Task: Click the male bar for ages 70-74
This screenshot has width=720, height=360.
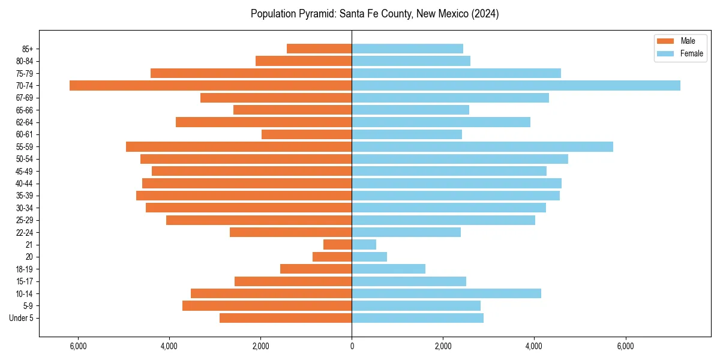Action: [211, 86]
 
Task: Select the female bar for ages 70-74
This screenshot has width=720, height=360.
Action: [516, 86]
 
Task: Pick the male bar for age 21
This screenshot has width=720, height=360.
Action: [338, 245]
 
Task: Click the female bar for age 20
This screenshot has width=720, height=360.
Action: [370, 257]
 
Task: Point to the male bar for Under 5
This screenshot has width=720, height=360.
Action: [286, 318]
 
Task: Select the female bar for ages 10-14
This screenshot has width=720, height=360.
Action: [446, 293]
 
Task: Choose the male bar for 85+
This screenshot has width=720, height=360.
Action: [319, 49]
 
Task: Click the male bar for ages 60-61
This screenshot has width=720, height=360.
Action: [307, 134]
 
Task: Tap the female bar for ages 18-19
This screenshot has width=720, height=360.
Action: [389, 269]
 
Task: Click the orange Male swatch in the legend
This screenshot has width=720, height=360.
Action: [666, 41]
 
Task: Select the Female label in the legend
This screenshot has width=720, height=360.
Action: [691, 53]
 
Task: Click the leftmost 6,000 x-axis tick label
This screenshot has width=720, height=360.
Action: [78, 347]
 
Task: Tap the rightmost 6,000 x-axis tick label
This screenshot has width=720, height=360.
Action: [626, 347]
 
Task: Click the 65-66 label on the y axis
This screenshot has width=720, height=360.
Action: [25, 110]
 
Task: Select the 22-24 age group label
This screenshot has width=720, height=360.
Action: [25, 233]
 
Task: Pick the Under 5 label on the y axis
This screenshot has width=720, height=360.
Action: [22, 318]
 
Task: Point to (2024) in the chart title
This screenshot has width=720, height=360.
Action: [485, 14]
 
